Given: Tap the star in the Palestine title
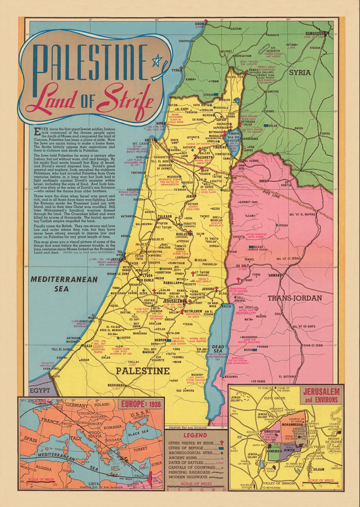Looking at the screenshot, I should coord(156,60).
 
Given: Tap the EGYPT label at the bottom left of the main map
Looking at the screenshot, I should coord(39,390).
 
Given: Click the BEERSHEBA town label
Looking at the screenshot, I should coord(117,386).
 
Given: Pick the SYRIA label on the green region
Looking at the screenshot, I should coord(300,72).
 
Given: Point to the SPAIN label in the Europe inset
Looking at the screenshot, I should coord(31,439).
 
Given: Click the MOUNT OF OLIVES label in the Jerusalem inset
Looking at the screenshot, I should coord(333,440).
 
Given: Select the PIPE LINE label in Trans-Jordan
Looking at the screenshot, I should coord(271,193).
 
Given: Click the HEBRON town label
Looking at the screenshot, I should coord(160,340).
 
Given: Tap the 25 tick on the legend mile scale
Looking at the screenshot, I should coord(224,490).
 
